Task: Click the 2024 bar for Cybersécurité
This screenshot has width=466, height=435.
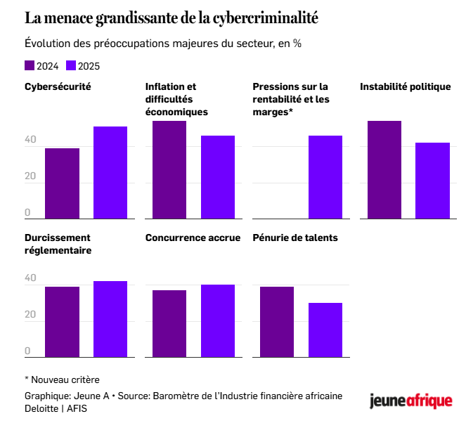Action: [62, 183]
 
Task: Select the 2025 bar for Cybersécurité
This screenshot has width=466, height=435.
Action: [110, 172]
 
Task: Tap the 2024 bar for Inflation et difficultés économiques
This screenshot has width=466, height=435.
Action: [169, 169]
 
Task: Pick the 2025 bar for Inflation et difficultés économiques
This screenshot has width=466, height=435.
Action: [218, 176]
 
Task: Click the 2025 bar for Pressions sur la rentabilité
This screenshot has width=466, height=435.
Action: [325, 176]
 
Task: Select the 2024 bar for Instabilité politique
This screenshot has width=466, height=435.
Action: [384, 169]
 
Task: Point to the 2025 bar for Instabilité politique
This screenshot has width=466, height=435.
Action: [432, 180]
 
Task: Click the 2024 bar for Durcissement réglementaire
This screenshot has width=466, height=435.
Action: [62, 321]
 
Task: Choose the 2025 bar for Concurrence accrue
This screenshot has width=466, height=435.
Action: [218, 320]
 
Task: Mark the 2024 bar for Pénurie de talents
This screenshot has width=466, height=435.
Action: [277, 321]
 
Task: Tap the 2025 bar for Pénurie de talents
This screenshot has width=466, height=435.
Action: [325, 330]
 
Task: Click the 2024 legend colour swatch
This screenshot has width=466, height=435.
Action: [30, 65]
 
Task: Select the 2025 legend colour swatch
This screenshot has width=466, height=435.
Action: [71, 65]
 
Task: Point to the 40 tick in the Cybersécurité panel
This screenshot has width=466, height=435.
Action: [30, 141]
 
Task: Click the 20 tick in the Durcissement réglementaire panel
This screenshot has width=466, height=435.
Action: [30, 315]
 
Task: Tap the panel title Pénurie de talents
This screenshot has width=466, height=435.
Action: [295, 238]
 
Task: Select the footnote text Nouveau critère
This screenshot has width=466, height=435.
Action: [66, 379]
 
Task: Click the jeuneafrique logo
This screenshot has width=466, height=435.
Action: [411, 401]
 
